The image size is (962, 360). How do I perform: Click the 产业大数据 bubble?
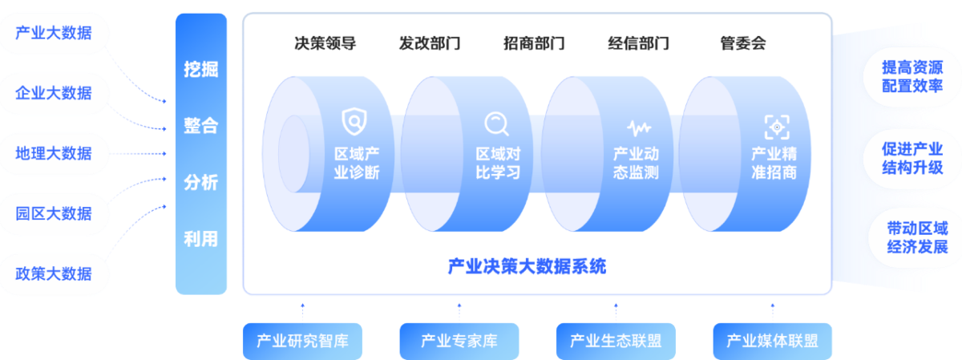54,34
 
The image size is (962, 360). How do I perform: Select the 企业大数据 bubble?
54,93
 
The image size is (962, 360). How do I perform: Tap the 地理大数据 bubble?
54,153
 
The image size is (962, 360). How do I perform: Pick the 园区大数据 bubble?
54,213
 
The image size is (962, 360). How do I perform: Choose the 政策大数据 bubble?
54,273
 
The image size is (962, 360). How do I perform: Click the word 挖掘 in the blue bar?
200,70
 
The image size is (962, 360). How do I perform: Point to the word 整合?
200,126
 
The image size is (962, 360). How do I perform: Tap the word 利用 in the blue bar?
200,239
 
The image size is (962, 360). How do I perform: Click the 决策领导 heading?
325,43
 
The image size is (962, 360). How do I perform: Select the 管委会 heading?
743,43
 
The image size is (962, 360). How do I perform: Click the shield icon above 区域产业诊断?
354,122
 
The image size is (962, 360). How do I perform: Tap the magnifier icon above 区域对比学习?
496,123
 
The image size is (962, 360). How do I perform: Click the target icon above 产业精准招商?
776,127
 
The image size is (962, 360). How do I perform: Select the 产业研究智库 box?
302,341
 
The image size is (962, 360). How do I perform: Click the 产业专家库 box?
459,341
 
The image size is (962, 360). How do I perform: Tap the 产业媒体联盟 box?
772,341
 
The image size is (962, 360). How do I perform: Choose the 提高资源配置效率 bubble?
912,76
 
